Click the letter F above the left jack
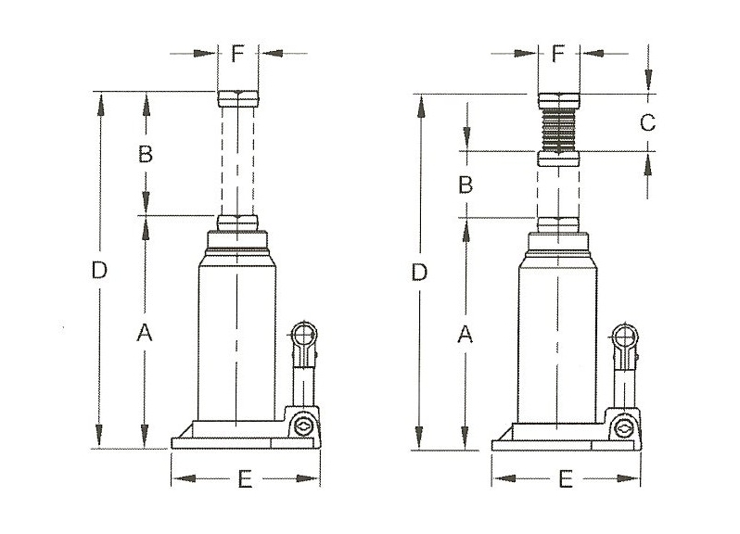coord(237,54)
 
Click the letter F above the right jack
coord(558,54)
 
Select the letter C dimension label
coord(647,122)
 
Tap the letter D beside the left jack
coord(99,271)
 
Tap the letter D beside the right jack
coord(419,273)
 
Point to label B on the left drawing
coord(146,154)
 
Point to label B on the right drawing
coord(466,184)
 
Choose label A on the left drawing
coord(145,333)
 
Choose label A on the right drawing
coord(466,335)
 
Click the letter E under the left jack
coord(245,479)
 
